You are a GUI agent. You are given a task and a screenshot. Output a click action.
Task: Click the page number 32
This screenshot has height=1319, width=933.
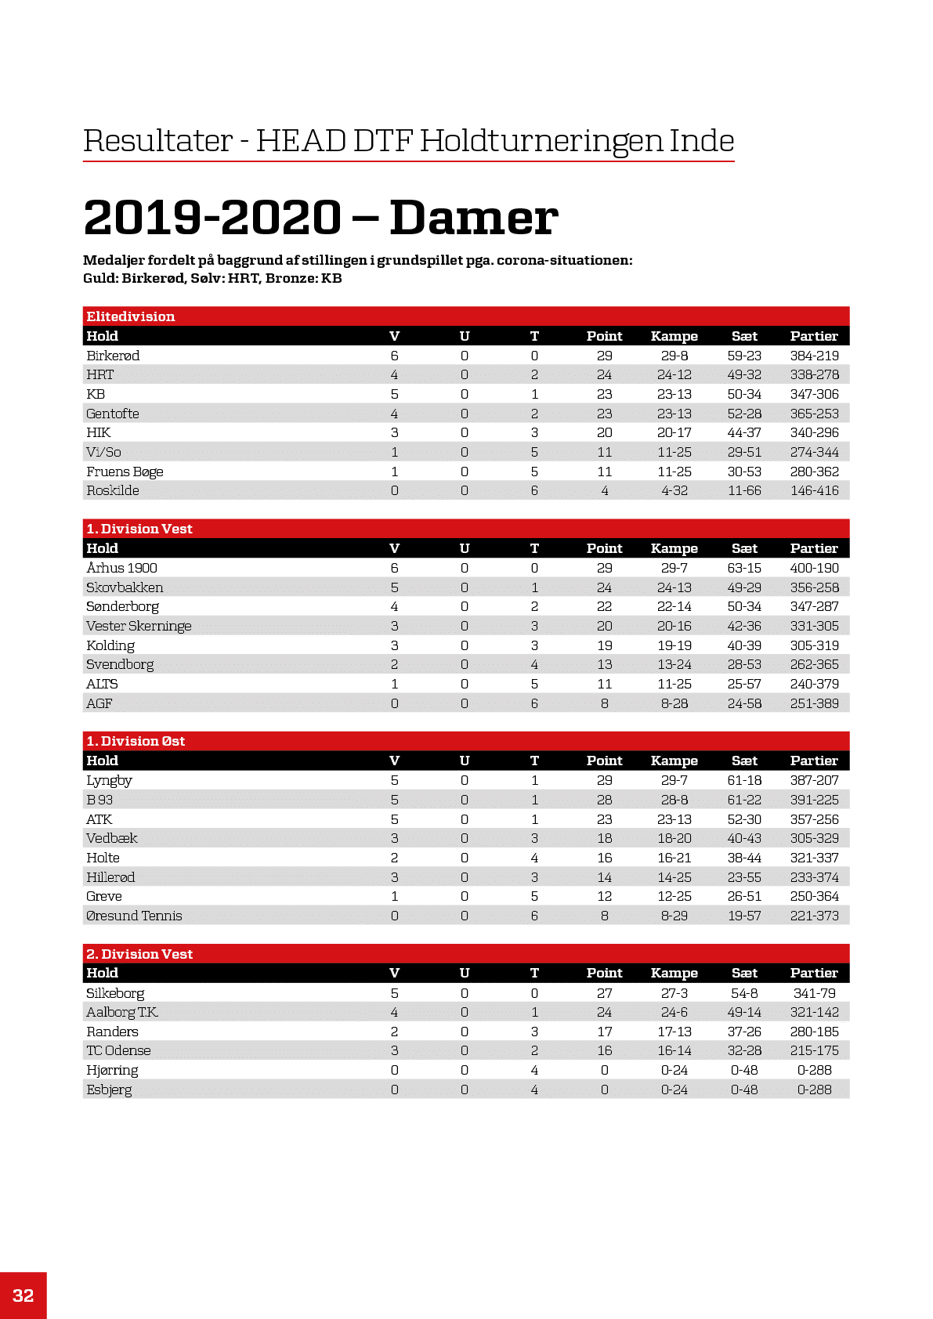pos(24,1296)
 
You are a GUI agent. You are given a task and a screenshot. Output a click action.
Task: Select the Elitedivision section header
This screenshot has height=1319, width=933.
pos(131,316)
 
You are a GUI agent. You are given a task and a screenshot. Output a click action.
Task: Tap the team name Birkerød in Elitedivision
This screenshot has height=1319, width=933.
pos(113,356)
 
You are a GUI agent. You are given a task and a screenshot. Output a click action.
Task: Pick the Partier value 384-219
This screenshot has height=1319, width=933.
pos(814,356)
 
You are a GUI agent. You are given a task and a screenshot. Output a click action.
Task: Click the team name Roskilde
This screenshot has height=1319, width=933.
pos(113,490)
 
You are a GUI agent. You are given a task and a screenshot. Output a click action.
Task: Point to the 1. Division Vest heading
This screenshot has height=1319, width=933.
pos(139,529)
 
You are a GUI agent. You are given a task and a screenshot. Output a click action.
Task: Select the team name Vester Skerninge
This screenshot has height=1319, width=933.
pos(139,626)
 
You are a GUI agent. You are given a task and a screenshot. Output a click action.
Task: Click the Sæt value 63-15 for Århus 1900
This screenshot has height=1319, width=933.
pos(744,568)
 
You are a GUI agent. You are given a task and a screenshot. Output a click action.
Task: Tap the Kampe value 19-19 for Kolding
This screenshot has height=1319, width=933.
pos(674,645)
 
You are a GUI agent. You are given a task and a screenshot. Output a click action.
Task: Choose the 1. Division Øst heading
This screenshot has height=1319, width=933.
pos(136,741)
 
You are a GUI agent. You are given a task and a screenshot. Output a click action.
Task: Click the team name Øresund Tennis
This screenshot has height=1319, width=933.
pos(134,916)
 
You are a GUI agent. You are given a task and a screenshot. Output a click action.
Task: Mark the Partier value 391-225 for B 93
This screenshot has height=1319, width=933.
pos(814,800)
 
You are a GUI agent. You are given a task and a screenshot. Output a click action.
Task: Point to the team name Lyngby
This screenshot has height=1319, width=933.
pos(109,780)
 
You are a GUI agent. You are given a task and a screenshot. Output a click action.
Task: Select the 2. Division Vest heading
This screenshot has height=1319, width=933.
pos(139,954)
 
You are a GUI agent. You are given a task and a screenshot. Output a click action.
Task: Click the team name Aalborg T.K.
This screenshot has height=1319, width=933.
pos(122,1012)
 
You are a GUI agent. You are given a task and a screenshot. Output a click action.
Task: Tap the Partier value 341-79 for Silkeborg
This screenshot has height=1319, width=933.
pos(814,993)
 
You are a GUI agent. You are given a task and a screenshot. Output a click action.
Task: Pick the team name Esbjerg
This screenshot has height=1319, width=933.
pos(109,1090)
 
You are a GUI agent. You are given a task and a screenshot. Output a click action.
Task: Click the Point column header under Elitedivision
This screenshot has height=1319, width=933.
pos(604,336)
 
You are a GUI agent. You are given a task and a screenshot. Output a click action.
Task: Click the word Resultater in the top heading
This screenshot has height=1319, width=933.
pos(158,141)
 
